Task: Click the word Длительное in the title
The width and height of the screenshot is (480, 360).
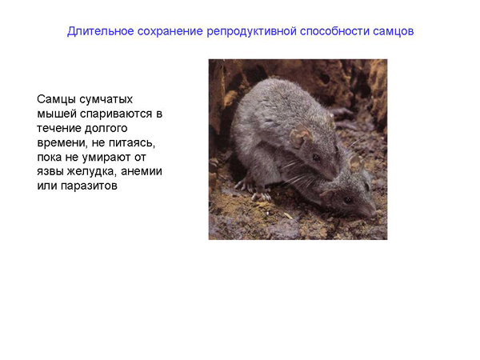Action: pos(101,31)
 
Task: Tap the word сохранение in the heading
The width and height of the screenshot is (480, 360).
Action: pos(170,31)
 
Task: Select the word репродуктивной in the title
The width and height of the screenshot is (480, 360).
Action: pos(251,31)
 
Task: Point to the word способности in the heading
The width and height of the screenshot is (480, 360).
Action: pos(334,31)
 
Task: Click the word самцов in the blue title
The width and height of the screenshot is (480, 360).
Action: pos(394,32)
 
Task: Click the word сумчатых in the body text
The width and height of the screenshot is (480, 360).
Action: pos(106,99)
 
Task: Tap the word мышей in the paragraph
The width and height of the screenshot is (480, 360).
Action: pos(57,114)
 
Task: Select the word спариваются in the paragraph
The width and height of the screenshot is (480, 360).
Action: pos(116,114)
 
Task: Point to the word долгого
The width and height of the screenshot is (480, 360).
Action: pos(106,129)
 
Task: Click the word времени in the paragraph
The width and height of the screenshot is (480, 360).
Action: pos(62,143)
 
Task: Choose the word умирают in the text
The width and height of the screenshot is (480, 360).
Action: pos(106,158)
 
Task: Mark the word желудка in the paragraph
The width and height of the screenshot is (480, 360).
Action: pos(92,172)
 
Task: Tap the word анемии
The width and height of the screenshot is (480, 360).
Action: pos(141,171)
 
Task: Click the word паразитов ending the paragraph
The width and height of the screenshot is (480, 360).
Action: pos(89,186)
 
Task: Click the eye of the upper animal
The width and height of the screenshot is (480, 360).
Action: pos(316,158)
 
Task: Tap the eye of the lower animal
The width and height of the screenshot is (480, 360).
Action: pos(348,200)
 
